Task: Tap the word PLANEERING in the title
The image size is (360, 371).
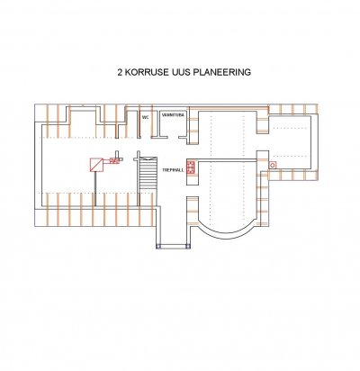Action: [222, 72]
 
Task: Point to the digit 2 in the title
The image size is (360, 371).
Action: [120, 72]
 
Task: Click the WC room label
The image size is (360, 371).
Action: [146, 117]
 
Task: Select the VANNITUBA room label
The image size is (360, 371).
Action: [173, 115]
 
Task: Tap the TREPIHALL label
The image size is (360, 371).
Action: [173, 170]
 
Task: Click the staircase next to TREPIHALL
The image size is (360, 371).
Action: [148, 173]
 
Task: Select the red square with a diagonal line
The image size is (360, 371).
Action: [96, 165]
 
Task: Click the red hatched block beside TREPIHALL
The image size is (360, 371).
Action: [191, 167]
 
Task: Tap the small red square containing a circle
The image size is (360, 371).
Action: [273, 165]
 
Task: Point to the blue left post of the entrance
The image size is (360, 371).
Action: [158, 247]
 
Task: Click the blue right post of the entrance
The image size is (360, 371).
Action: [188, 247]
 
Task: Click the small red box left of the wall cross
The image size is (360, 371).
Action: [114, 160]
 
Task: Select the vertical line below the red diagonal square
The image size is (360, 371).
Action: [95, 189]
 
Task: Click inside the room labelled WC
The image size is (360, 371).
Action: [146, 128]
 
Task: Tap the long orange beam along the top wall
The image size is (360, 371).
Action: [229, 107]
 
